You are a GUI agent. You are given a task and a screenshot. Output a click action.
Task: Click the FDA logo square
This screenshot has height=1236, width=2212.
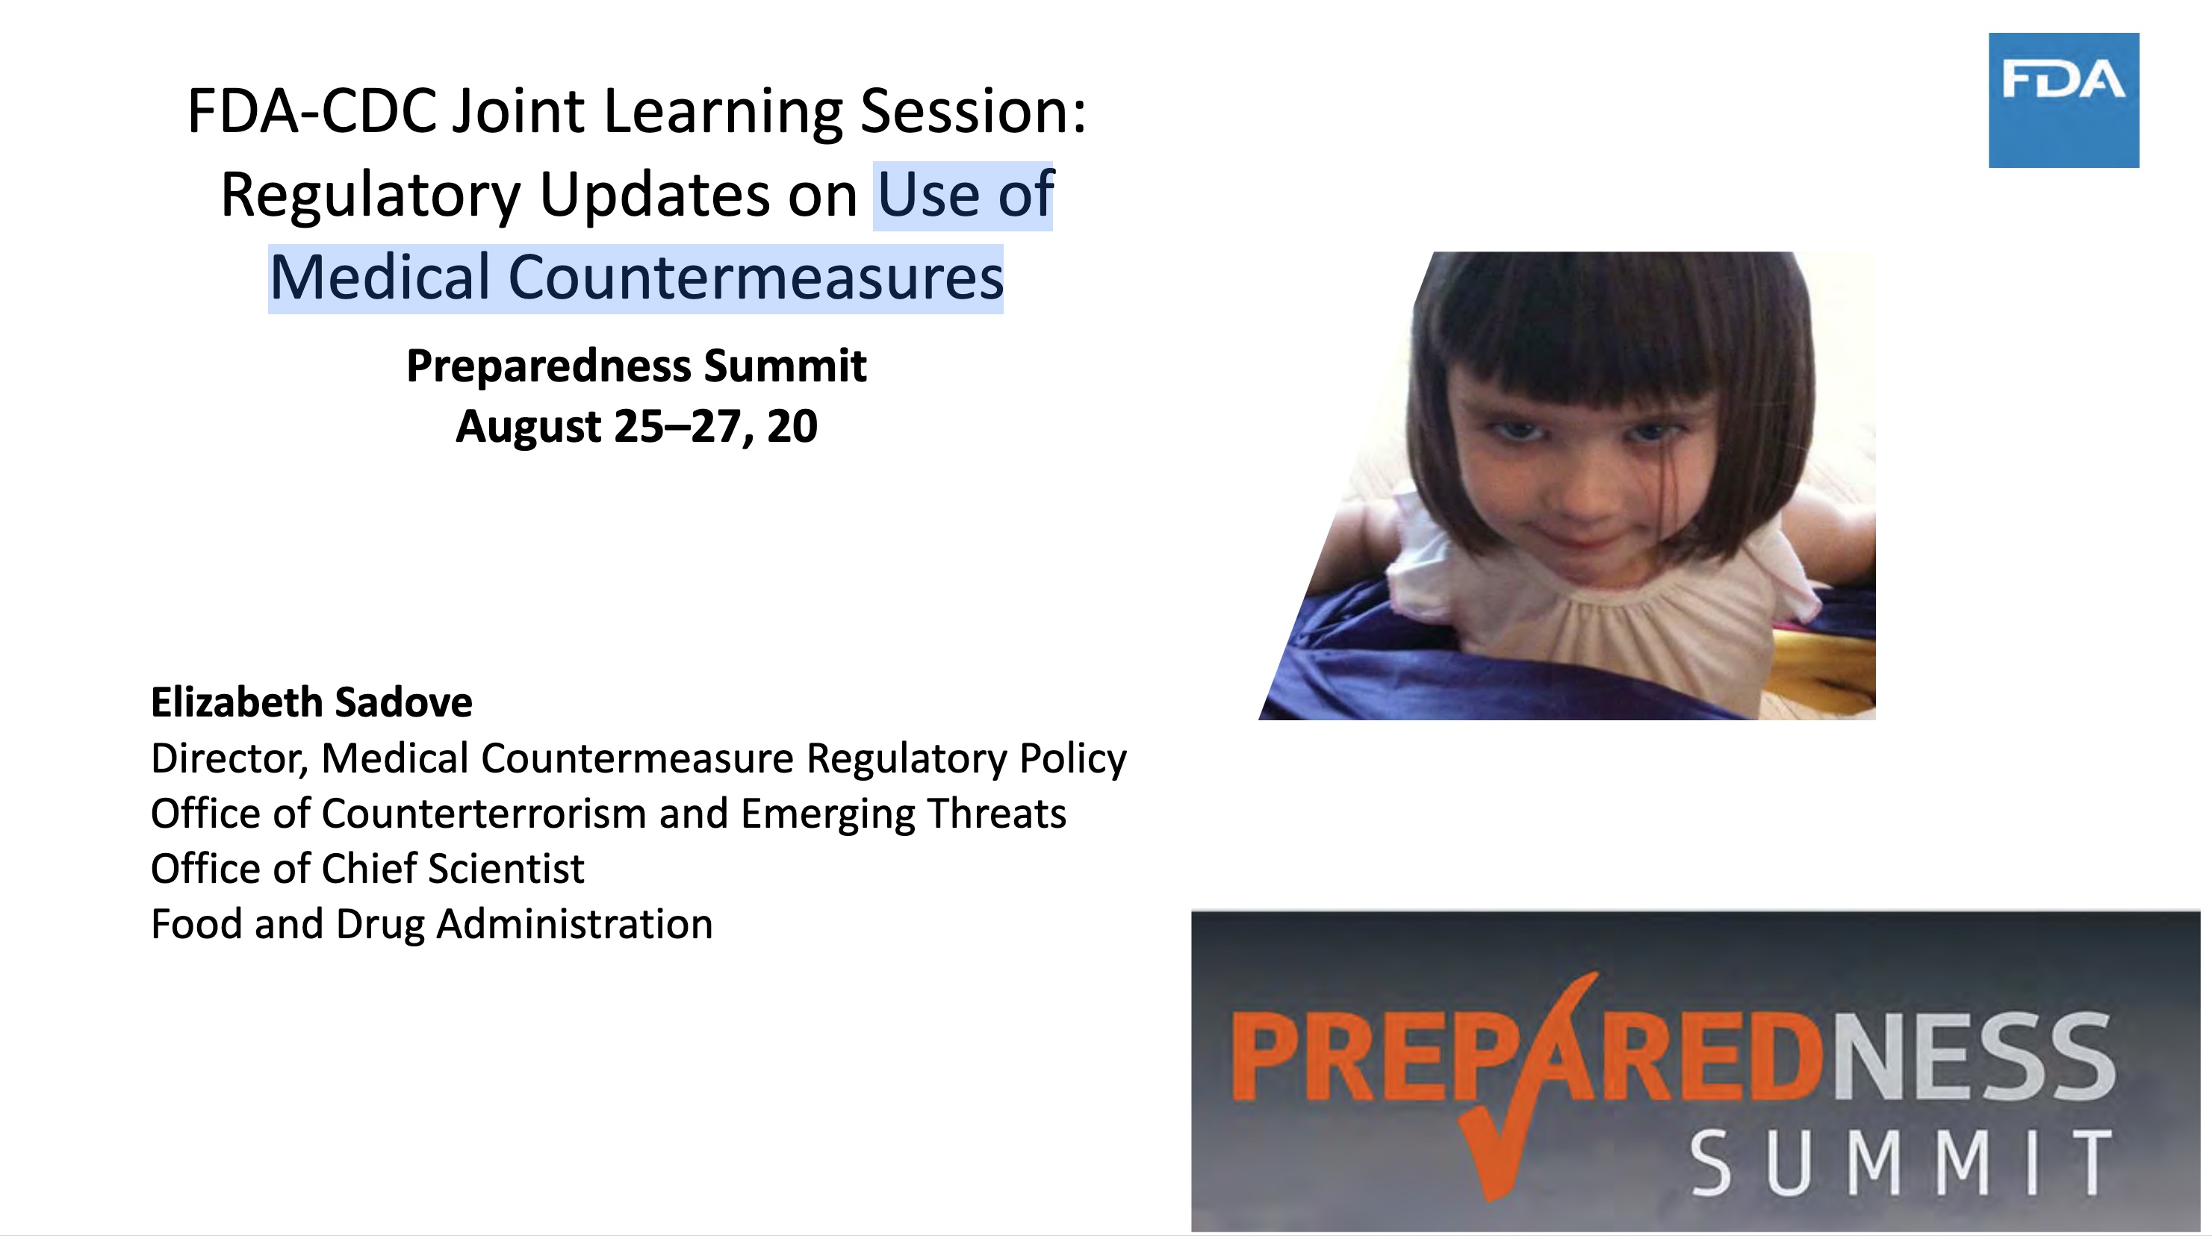2063,101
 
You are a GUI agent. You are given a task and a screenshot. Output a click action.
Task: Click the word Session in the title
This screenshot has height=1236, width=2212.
974,112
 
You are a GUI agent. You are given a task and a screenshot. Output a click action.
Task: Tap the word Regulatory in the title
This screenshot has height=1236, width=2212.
370,196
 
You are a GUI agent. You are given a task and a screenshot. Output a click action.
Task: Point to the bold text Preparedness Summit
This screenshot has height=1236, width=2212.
636,366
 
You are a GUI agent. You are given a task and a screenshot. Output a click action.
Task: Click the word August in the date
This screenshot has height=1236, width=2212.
529,427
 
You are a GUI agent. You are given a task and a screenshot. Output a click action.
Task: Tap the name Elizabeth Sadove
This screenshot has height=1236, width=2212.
311,702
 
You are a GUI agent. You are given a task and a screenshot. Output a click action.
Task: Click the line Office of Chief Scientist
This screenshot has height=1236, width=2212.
367,869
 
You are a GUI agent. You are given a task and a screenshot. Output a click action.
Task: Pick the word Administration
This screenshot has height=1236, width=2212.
575,925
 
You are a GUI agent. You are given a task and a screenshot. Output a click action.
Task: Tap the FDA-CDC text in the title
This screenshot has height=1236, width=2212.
313,112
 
